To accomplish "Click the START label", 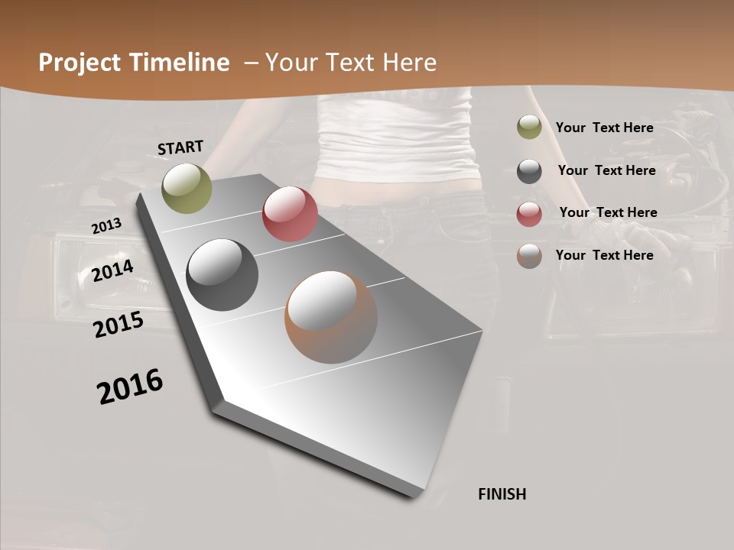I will pyautogui.click(x=180, y=147).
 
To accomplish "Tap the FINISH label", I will pyautogui.click(x=502, y=494).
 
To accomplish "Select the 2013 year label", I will pyautogui.click(x=106, y=226).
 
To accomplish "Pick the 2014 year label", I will pyautogui.click(x=112, y=270).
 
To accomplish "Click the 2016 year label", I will pyautogui.click(x=130, y=387).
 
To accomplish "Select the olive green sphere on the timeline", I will pyautogui.click(x=187, y=188).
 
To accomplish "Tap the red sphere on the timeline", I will pyautogui.click(x=290, y=214).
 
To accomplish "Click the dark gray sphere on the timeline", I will pyautogui.click(x=222, y=275).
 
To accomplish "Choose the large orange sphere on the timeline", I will pyautogui.click(x=331, y=317).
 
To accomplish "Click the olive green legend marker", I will pyautogui.click(x=529, y=128).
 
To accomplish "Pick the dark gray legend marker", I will pyautogui.click(x=529, y=171).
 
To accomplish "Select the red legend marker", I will pyautogui.click(x=529, y=214).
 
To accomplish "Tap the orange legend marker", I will pyautogui.click(x=529, y=256).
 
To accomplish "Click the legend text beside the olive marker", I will pyautogui.click(x=604, y=128).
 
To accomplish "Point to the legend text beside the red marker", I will pyautogui.click(x=608, y=212).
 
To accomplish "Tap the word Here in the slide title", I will pyautogui.click(x=409, y=63).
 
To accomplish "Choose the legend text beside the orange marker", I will pyautogui.click(x=604, y=255).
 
